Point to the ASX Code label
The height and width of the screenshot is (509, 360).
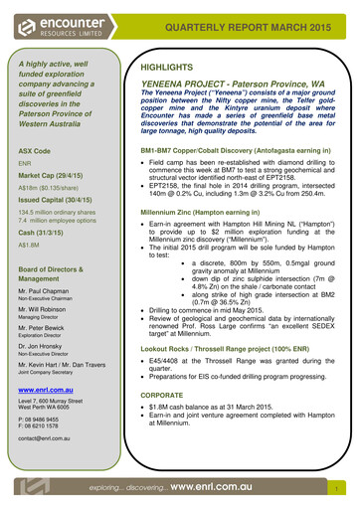click(x=35, y=150)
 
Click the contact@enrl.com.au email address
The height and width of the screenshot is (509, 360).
click(x=48, y=435)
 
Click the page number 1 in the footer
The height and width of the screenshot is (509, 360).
click(x=339, y=489)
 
